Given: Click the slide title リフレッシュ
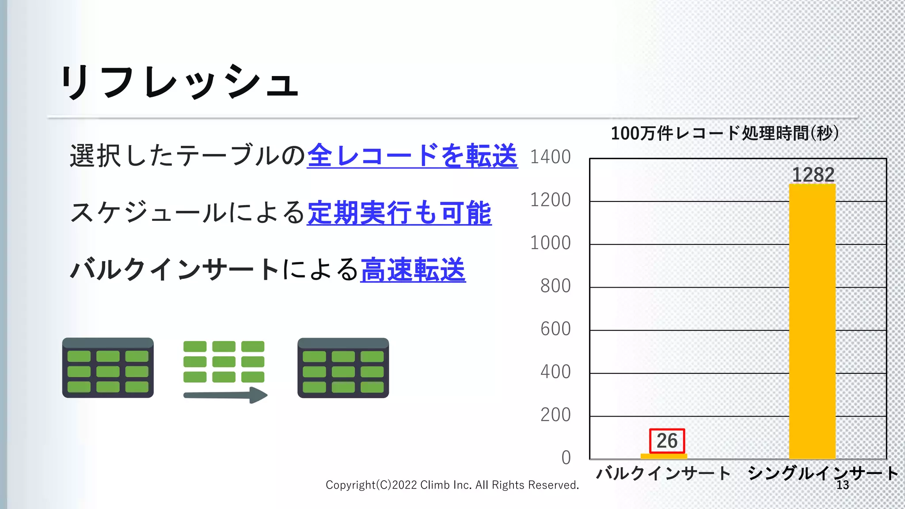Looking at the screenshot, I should tap(179, 82).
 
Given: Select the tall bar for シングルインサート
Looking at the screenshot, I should tap(812, 323).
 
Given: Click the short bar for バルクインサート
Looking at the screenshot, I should tap(664, 456).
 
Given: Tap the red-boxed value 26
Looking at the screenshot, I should tap(667, 441).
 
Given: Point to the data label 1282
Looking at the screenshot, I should tap(813, 175).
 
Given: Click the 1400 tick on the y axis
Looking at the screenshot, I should tap(550, 157).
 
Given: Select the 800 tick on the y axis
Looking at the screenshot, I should tap(555, 286).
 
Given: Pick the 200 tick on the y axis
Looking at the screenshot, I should tap(555, 415).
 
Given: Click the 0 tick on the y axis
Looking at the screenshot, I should tap(566, 458).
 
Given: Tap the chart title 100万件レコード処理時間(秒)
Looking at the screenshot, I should tap(725, 133).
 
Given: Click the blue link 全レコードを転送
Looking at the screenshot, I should tap(412, 156).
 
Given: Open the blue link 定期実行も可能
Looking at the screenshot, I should tap(399, 213).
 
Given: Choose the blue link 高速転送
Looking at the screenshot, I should tap(413, 270).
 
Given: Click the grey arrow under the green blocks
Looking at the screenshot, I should tap(225, 395).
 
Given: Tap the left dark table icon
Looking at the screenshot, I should tap(108, 368).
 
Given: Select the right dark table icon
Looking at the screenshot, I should tap(343, 368).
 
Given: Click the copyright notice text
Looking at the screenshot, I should tap(452, 485).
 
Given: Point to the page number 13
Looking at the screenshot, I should tap(843, 485).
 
